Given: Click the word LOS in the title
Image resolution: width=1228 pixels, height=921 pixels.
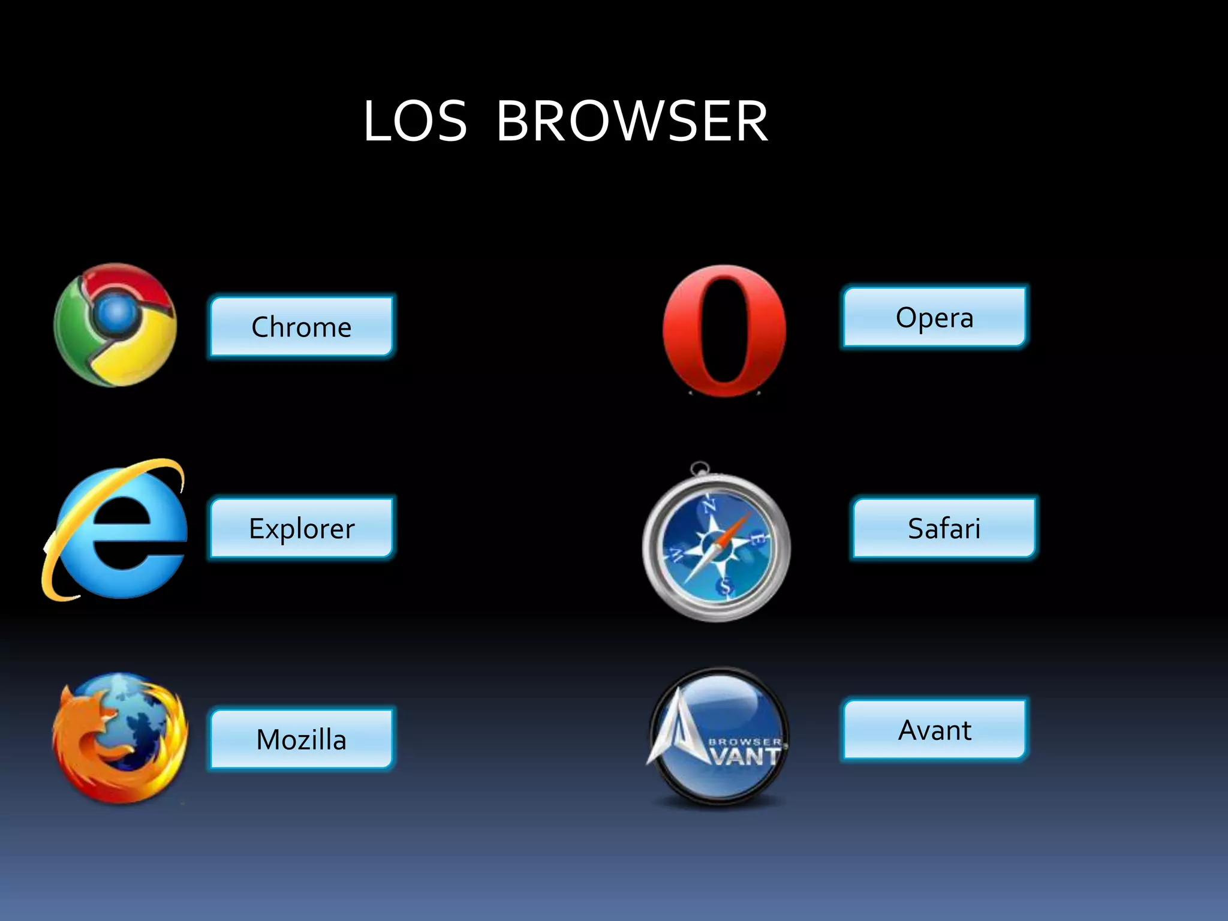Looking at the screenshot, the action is [x=415, y=122].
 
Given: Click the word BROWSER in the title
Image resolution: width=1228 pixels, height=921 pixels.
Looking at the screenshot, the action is [x=632, y=122].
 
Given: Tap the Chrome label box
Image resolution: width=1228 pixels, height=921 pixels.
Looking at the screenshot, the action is [x=302, y=326].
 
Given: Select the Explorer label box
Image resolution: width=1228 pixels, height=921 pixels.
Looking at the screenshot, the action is [x=302, y=528].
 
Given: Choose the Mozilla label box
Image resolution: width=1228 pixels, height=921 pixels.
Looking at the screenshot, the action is [x=302, y=739].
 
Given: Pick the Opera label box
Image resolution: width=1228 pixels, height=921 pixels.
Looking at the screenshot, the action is [x=934, y=317].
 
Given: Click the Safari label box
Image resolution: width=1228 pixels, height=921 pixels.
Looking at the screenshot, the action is [x=944, y=528].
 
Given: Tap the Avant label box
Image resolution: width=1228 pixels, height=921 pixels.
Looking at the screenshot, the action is [x=934, y=730].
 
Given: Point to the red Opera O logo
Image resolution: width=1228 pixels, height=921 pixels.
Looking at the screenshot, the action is [x=690, y=330].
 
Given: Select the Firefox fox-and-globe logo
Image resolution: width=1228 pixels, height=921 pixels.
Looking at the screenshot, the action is [x=119, y=738].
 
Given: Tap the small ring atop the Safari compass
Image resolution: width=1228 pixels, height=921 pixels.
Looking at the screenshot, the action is [x=699, y=468].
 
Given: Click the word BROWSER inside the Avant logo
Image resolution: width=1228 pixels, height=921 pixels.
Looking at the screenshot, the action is [x=745, y=742].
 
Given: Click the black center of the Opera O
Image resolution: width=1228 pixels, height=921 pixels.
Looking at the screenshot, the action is [x=724, y=330].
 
